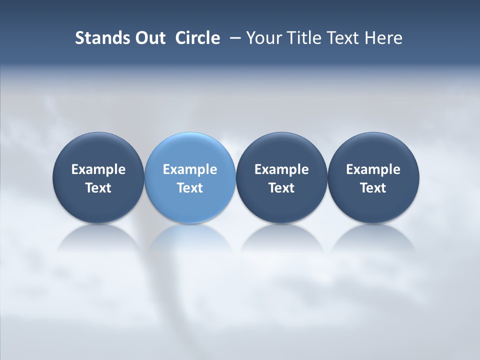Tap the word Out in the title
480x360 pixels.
click(x=148, y=38)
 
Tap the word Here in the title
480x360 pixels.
click(x=383, y=38)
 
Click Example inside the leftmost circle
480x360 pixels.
click(x=98, y=169)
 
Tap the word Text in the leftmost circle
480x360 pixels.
click(x=98, y=188)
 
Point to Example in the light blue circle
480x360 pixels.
click(x=190, y=169)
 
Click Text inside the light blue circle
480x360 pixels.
click(x=190, y=188)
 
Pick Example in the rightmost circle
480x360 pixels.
click(x=373, y=169)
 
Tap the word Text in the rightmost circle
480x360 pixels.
click(x=373, y=188)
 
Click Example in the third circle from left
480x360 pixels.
click(x=281, y=169)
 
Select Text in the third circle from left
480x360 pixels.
click(x=281, y=188)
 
